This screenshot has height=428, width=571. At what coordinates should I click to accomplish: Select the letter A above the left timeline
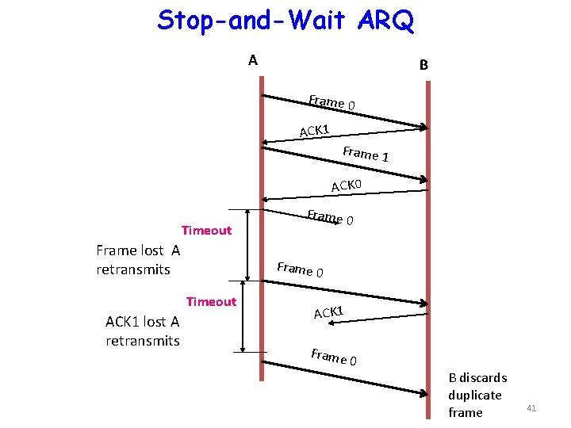(252, 60)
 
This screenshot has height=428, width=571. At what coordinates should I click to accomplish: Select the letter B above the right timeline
(423, 65)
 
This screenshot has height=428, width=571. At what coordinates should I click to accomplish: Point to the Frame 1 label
(365, 153)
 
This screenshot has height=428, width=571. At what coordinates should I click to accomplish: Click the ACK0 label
(347, 185)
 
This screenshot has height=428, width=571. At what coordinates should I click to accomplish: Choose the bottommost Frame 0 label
(334, 357)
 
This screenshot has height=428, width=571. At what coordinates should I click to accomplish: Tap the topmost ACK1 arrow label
(314, 129)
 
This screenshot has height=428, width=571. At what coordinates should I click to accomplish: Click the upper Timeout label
(206, 231)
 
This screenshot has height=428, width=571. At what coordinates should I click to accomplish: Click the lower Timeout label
(211, 301)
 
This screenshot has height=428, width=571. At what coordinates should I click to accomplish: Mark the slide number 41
(531, 408)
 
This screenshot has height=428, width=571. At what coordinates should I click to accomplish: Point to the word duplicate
(474, 395)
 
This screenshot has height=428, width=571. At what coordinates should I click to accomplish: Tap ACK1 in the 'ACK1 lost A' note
(121, 321)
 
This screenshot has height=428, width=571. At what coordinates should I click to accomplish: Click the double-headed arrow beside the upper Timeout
(247, 244)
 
